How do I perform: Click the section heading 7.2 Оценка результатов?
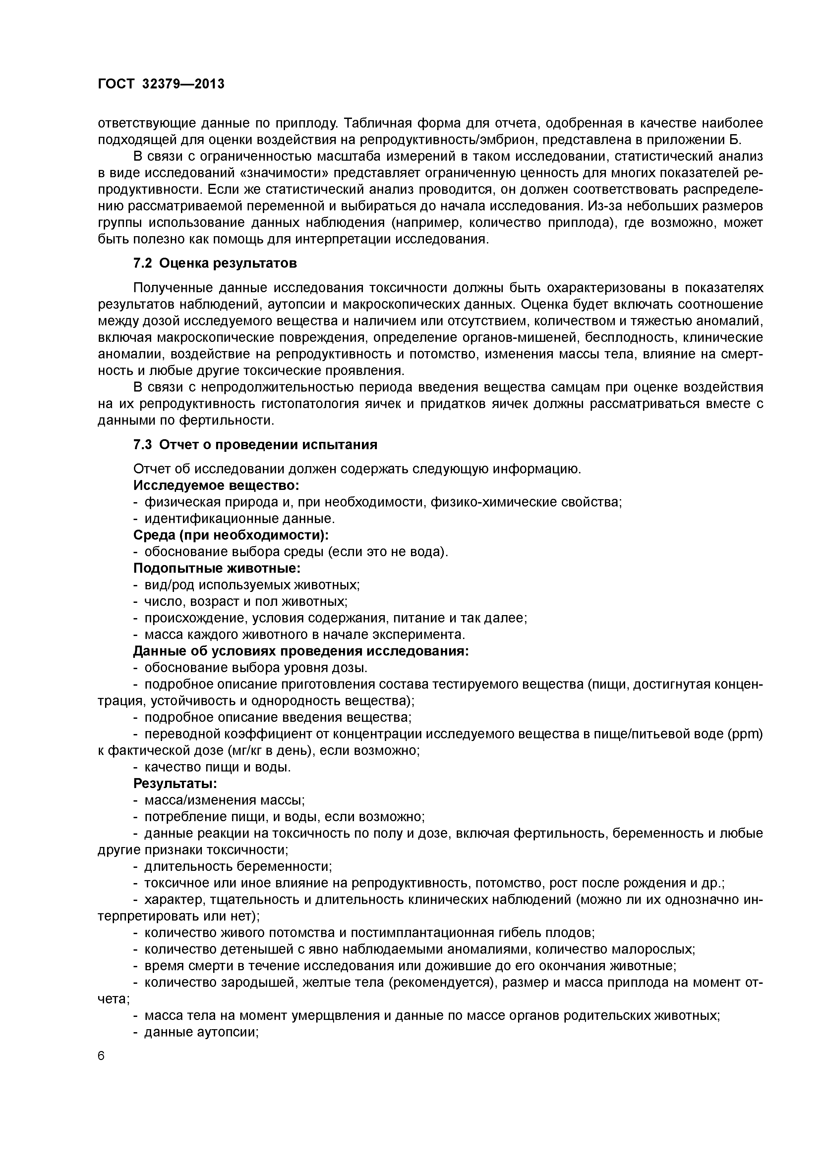[x=215, y=264]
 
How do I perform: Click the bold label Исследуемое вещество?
[x=216, y=485]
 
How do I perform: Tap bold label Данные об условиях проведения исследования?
[x=301, y=651]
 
